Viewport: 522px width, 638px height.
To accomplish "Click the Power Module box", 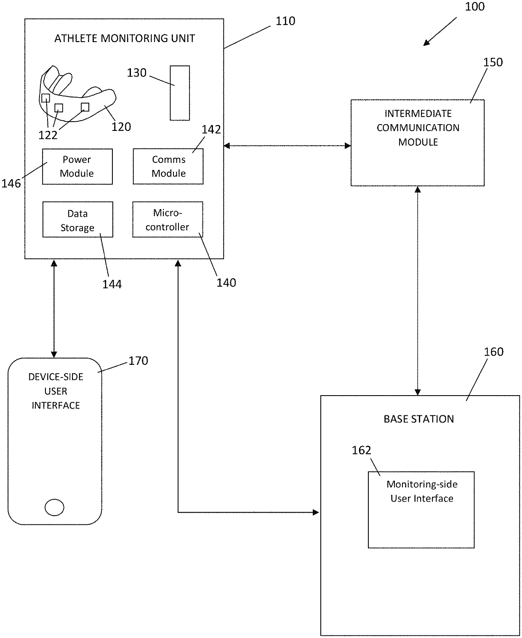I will [x=77, y=167].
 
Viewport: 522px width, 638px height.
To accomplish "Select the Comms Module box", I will [x=168, y=167].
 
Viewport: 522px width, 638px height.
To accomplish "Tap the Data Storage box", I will [x=77, y=220].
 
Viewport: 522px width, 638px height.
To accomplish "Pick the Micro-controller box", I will [x=168, y=220].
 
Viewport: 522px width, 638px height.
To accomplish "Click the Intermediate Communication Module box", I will [x=417, y=143].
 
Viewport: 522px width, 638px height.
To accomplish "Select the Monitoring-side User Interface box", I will [x=421, y=510].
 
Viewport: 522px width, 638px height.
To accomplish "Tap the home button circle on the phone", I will [x=54, y=507].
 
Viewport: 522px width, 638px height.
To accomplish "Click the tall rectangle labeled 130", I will [x=180, y=93].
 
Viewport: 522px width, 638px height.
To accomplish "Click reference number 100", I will [x=474, y=7].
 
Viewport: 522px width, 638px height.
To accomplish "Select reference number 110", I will [x=285, y=21].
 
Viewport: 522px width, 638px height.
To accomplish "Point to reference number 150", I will [x=493, y=62].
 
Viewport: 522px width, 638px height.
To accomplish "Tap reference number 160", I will [x=493, y=352].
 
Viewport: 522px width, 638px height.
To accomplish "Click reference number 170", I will [x=138, y=361].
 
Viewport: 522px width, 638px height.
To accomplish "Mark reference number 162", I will [x=361, y=451].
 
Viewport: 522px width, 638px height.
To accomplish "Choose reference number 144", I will [x=112, y=284].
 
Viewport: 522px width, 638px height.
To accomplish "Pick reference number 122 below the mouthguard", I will [x=48, y=135].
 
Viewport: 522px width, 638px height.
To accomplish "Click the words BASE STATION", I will [x=418, y=419].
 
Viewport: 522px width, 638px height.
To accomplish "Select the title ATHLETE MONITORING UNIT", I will [x=125, y=38].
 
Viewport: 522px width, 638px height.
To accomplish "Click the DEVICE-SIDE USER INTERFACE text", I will [x=56, y=391].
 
